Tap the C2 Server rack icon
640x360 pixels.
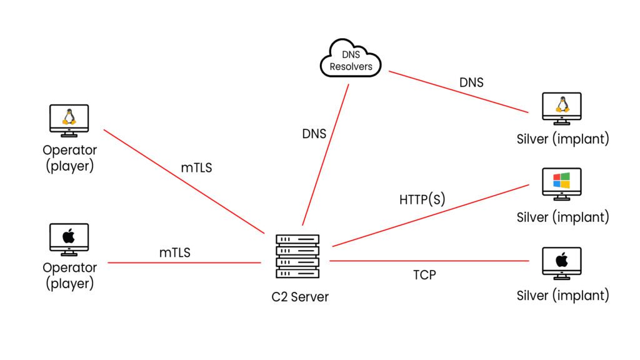click(x=297, y=256)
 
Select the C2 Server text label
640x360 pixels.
click(x=300, y=296)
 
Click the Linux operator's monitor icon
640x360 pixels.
click(x=69, y=120)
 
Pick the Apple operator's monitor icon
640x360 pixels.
click(x=69, y=239)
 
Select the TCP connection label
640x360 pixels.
click(x=424, y=274)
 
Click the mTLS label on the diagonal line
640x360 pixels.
click(x=196, y=167)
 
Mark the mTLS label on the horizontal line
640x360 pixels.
click(x=174, y=252)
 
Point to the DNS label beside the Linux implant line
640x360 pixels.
click(x=471, y=82)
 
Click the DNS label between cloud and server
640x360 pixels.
click(x=314, y=133)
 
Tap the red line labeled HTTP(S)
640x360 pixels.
click(x=431, y=216)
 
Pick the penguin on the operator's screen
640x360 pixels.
click(x=69, y=116)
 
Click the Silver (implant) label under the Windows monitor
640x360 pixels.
click(x=562, y=217)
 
